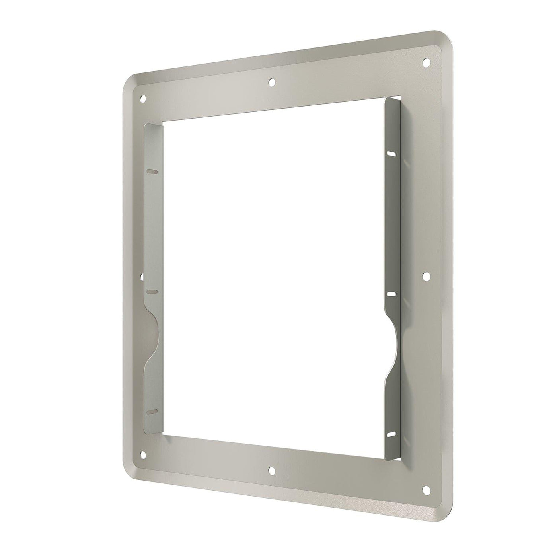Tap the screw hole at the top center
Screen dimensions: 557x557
272,82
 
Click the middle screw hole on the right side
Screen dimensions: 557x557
426,275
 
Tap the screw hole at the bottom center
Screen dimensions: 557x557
272,471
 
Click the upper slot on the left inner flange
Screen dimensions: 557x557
152,172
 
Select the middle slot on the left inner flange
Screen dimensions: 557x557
152,292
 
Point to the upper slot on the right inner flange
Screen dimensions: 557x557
391,153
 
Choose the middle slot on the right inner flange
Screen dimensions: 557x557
391,294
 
